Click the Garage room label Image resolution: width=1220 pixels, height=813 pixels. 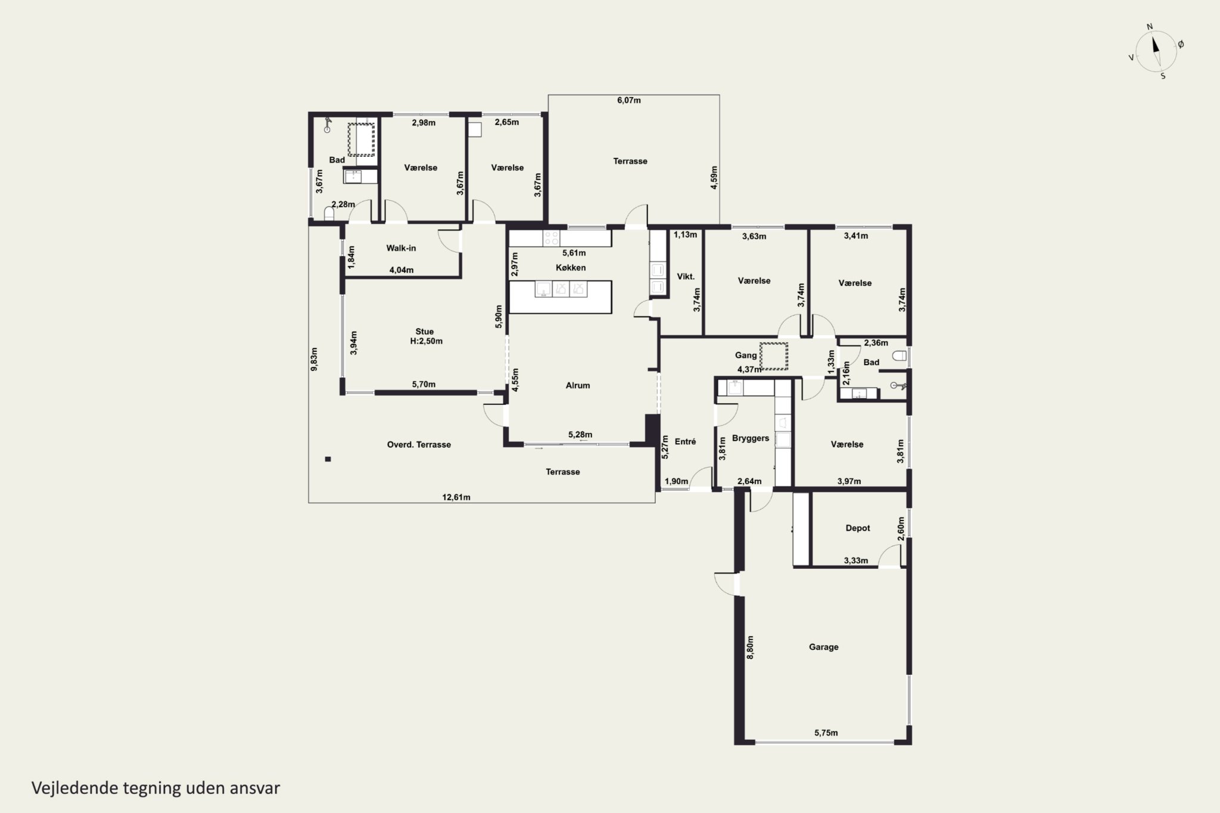point(823,647)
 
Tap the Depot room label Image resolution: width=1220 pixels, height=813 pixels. point(858,528)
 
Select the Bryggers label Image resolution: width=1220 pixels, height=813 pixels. point(751,438)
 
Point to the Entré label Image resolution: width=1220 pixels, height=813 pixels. point(686,441)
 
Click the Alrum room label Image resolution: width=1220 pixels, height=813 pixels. point(578,385)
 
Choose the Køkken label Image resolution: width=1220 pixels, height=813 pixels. point(571,267)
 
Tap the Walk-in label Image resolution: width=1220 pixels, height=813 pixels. point(401,248)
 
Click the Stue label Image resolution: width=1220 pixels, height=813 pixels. point(425,332)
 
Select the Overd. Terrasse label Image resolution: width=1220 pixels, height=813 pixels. point(419,444)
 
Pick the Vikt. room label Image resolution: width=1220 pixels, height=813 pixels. point(686,276)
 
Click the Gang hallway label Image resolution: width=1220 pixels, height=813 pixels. point(746,356)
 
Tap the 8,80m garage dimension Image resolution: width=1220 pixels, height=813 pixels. point(750,647)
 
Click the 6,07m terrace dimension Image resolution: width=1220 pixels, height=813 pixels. point(628,100)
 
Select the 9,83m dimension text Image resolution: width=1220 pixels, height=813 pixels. point(314,359)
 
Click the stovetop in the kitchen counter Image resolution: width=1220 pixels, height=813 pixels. point(552,238)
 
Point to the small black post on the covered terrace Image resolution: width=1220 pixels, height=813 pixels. point(327,459)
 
